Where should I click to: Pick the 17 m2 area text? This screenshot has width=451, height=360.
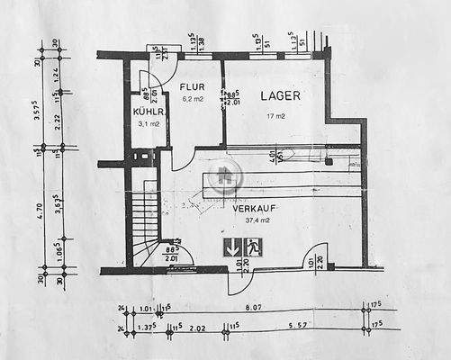click(275, 116)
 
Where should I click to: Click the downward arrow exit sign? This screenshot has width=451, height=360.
click(231, 247)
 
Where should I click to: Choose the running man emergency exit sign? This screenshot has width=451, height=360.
click(253, 247)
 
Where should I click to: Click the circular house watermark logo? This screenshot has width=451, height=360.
click(226, 176)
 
